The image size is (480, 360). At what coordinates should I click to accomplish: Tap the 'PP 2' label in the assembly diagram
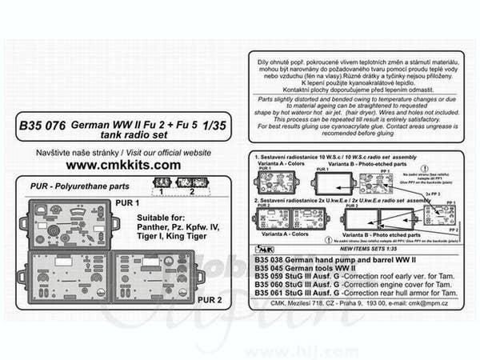click(453, 230)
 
